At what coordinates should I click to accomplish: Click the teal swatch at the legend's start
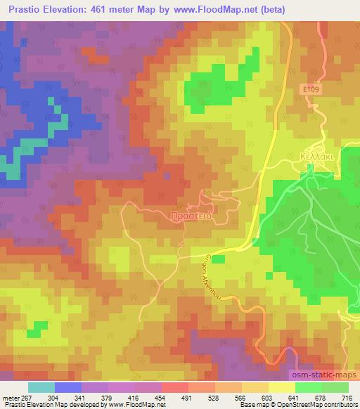(x=41, y=387)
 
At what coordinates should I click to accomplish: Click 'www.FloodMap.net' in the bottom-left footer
(x=130, y=404)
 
